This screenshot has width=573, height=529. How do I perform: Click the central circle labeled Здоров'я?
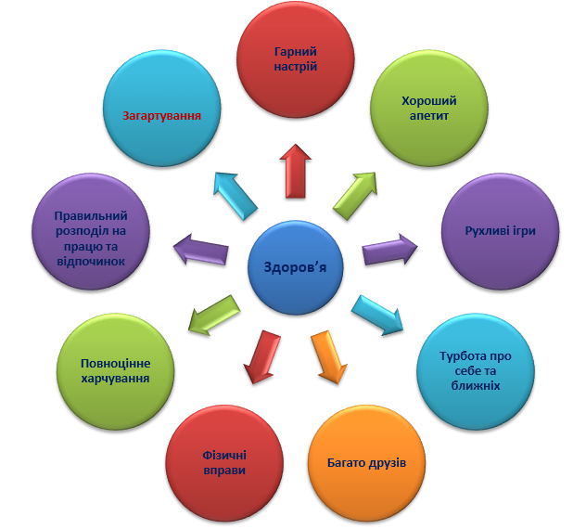[295, 267]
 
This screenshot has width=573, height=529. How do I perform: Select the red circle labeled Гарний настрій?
[295, 59]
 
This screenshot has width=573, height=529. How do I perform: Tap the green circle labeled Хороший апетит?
[429, 108]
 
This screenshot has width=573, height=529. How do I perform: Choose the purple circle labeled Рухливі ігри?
[500, 231]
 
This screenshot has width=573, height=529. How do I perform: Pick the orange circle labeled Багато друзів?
[366, 463]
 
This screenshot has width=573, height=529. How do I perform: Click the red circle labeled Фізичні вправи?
[224, 463]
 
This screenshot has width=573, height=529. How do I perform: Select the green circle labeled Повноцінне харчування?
[116, 371]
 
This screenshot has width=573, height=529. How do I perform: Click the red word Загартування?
[161, 116]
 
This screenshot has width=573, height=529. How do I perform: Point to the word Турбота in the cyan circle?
[461, 356]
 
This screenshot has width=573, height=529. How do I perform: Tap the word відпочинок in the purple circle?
[91, 262]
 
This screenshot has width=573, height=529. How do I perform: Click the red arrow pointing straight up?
[295, 171]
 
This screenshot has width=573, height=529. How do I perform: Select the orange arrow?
[328, 356]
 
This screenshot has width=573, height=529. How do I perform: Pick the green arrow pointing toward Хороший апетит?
[355, 196]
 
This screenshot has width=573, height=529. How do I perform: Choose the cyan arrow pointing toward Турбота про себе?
[377, 315]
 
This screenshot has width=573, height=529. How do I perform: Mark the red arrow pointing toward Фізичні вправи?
[261, 356]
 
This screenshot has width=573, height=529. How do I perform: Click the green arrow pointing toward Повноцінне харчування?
[214, 315]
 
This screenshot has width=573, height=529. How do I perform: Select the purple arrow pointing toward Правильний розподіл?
[200, 249]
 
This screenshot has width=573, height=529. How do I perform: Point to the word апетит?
[429, 116]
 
